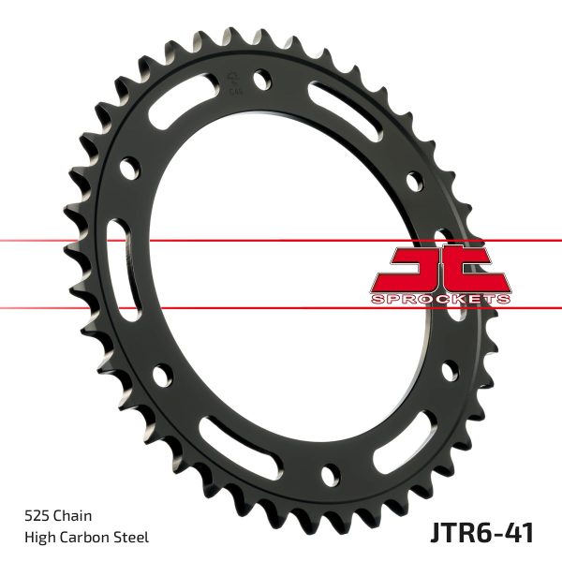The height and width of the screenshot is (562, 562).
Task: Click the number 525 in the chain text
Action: point(37,515)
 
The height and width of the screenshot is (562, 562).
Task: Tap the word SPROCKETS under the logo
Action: point(441,298)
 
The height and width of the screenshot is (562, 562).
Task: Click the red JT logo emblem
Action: point(440,269)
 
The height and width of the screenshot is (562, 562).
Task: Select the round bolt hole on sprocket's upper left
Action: point(132,170)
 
